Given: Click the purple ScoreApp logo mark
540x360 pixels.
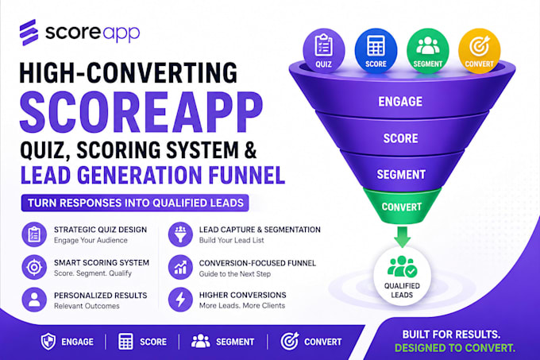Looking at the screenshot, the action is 29,33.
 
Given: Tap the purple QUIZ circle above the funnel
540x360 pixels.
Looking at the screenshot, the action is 324,50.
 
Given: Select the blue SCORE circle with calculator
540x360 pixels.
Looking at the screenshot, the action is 376,50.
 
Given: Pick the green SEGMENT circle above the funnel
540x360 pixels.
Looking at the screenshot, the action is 428,50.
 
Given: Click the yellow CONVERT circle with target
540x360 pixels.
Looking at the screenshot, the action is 480,50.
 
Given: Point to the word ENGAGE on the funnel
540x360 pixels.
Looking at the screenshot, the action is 400,101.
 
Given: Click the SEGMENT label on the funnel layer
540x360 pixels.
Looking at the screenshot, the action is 401,174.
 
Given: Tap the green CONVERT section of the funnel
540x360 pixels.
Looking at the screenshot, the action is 402,205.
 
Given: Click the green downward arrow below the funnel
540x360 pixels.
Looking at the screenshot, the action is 402,237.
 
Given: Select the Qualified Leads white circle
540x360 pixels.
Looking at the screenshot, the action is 402,276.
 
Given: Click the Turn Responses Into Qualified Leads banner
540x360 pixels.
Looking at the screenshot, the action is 135,203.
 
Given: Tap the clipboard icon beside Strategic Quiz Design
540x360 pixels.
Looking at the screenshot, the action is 34,234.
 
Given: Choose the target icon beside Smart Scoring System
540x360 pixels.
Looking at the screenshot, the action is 34,267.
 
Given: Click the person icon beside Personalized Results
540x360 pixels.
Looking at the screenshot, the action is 34,300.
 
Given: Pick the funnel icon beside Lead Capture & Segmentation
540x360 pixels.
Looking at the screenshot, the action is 180,234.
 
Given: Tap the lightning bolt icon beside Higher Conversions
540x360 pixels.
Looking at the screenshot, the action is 180,300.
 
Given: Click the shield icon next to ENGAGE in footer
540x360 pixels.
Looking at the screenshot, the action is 48,342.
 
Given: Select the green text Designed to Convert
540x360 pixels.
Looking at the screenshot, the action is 455,348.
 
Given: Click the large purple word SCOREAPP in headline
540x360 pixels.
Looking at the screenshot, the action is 141,112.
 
